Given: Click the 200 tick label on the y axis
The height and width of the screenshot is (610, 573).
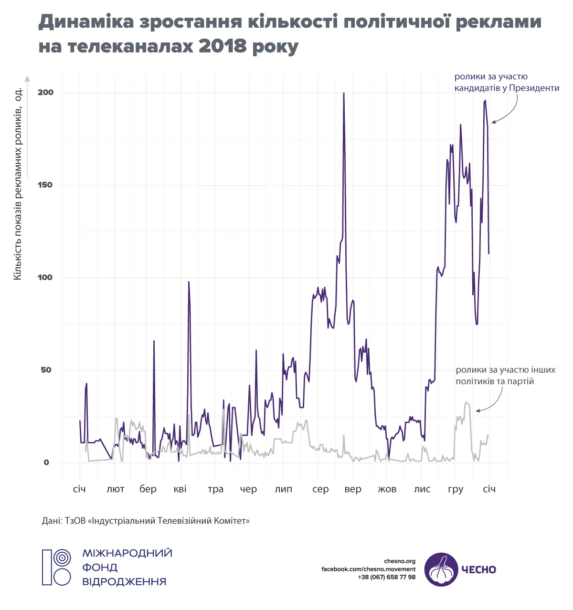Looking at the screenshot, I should click(x=46, y=92).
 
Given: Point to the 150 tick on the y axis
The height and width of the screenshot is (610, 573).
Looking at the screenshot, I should click(x=46, y=185).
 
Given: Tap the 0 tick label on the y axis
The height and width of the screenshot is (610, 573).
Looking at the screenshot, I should click(x=46, y=463).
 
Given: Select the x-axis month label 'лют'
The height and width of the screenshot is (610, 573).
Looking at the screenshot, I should click(x=116, y=489).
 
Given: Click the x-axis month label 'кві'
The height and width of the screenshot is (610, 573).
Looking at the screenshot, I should click(x=180, y=489).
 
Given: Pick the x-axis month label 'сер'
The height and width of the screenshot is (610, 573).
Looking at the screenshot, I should click(x=320, y=489).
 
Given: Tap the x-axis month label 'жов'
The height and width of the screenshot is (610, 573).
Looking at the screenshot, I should click(x=387, y=489).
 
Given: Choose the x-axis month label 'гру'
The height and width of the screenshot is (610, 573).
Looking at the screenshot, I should click(x=456, y=490).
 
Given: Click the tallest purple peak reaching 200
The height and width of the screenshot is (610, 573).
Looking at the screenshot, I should click(x=344, y=94).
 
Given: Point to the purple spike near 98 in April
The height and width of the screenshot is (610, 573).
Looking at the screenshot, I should click(x=189, y=283).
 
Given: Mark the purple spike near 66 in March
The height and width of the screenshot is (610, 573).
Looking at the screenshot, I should click(x=154, y=342).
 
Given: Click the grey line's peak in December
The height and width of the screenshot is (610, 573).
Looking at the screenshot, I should click(x=466, y=402).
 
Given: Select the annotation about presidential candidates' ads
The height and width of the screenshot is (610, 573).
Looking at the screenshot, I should click(x=506, y=82).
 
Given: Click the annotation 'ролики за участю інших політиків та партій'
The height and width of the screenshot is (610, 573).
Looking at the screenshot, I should click(x=505, y=376).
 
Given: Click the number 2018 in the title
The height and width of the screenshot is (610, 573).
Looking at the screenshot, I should click(x=223, y=46).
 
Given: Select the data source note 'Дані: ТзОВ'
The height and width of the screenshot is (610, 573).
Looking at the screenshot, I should click(x=146, y=520).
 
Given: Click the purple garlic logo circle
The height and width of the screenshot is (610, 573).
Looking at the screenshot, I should click(x=441, y=569).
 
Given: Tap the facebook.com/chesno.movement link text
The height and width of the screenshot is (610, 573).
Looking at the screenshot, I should click(x=368, y=569).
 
